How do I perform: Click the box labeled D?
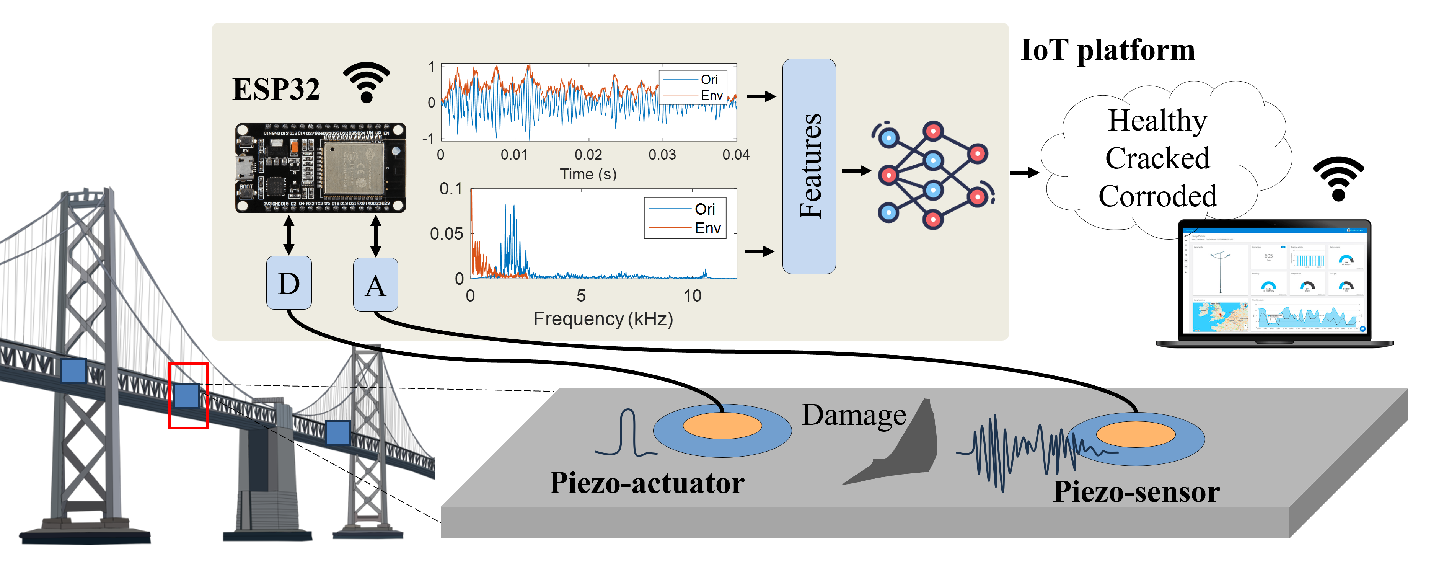coord(289,283)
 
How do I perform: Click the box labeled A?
coord(375,284)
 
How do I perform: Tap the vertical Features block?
coord(809,166)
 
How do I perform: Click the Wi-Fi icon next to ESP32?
coord(366,82)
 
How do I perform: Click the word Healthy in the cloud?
coord(1158,121)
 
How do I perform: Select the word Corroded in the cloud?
coord(1158,196)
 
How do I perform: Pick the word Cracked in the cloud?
coord(1158,158)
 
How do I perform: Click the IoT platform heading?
coord(1108,50)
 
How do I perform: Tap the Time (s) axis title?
coord(588,174)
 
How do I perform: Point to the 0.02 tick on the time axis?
coord(588,154)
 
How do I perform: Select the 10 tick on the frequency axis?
coord(692,295)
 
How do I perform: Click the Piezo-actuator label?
coord(647,483)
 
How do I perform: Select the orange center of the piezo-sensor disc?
coord(1136,434)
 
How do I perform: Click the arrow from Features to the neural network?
coord(856,171)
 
